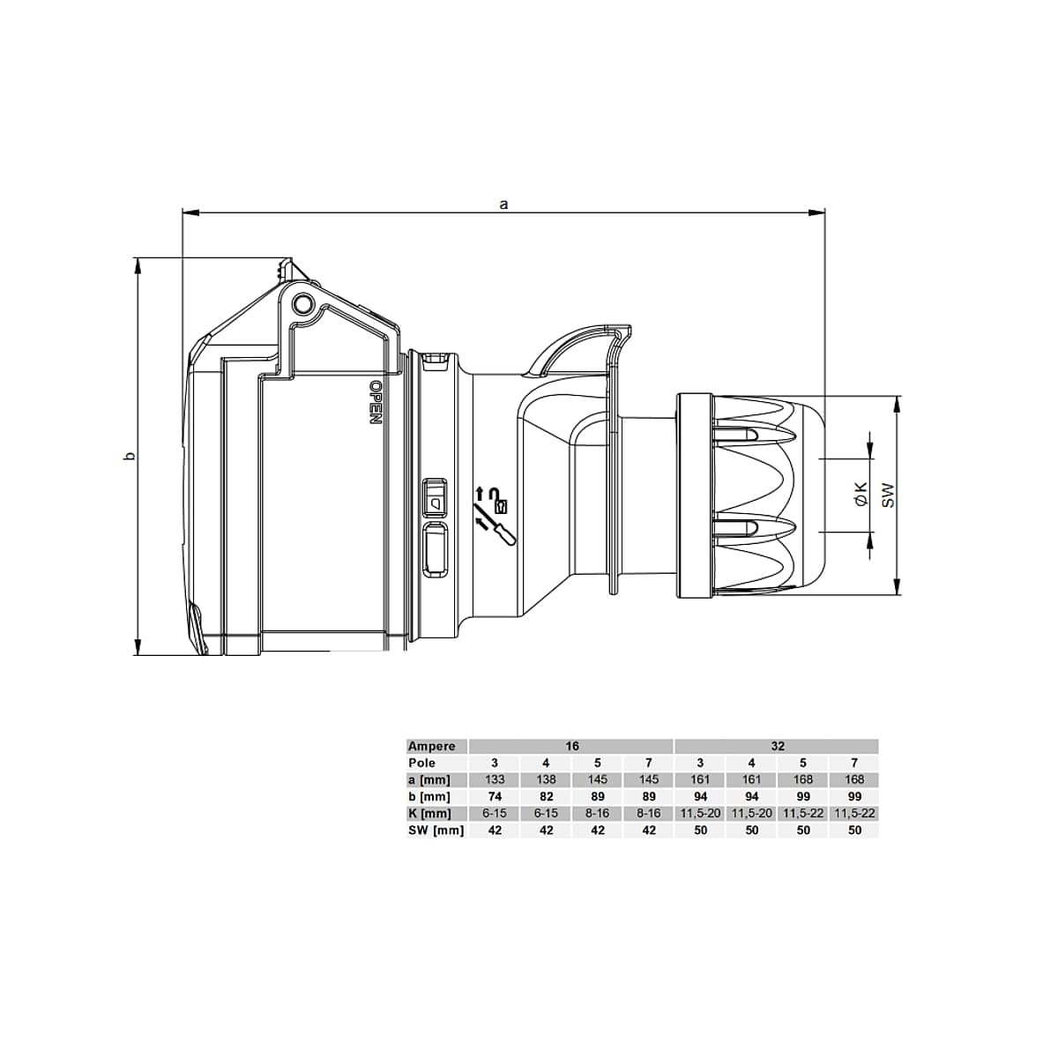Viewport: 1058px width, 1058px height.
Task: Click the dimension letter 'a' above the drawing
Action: [503, 204]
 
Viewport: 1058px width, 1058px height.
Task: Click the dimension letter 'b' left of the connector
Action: [129, 456]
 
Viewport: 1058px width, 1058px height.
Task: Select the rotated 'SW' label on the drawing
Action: [888, 495]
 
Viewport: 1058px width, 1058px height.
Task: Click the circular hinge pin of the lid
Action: [302, 304]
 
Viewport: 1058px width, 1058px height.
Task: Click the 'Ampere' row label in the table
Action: [431, 746]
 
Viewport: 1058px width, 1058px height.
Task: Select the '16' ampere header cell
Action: [571, 746]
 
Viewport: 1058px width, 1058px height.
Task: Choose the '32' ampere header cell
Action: [777, 746]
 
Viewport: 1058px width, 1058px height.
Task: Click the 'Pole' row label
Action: [421, 763]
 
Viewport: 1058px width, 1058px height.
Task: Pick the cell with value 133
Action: [495, 779]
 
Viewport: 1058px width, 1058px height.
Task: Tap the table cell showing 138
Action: [546, 779]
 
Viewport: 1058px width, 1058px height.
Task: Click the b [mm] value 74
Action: [495, 796]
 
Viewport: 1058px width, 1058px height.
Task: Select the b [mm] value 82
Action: [546, 796]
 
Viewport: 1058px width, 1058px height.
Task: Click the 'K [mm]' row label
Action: [428, 813]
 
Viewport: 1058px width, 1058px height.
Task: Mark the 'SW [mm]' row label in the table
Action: [435, 830]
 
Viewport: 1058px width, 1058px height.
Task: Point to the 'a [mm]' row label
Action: [428, 779]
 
